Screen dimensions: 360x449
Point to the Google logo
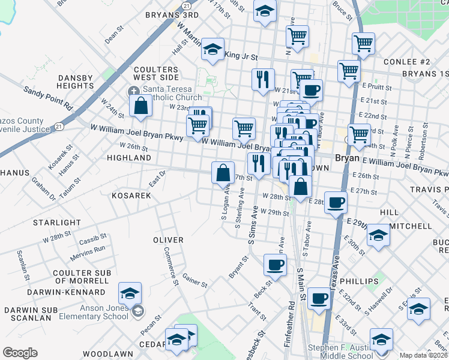point(20,353)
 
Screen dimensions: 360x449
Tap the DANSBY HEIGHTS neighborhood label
point(75,82)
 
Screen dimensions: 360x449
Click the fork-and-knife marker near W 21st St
point(262,79)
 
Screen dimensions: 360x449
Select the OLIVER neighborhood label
point(168,240)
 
